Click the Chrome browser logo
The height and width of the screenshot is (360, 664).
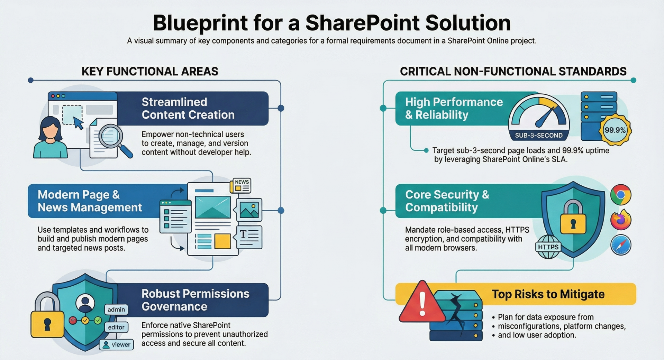(x=621, y=195)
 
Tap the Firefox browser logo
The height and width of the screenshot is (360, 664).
(x=621, y=220)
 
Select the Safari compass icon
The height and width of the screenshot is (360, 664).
(x=621, y=245)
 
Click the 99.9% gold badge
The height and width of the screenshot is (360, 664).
(x=615, y=130)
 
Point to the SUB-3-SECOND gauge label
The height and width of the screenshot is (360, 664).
(x=538, y=135)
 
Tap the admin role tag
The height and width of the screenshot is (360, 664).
(x=116, y=310)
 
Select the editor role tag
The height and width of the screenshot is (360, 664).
(x=116, y=327)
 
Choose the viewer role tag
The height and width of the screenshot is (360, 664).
(x=117, y=344)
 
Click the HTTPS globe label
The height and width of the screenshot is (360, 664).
(x=548, y=247)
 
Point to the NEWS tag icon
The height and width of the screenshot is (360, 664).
(x=241, y=186)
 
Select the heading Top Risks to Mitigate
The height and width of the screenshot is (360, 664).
(x=548, y=294)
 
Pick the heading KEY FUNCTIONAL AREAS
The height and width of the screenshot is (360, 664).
(x=150, y=71)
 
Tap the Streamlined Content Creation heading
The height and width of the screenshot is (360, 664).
(x=188, y=108)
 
